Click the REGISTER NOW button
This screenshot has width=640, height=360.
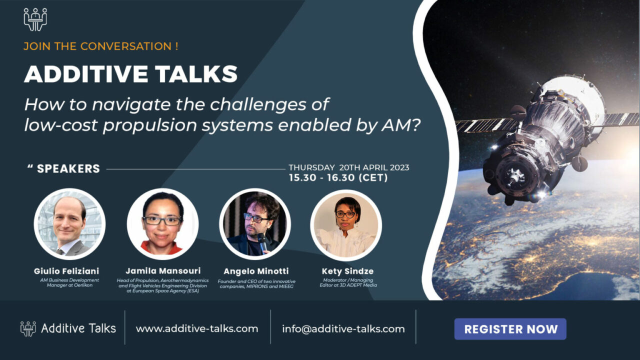click(510, 329)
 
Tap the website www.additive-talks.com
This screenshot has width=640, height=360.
click(197, 328)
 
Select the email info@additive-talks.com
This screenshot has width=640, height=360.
click(343, 329)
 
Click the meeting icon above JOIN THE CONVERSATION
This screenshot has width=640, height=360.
click(35, 19)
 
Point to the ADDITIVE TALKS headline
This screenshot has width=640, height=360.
click(131, 74)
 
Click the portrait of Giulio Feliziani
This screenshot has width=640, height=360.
click(69, 224)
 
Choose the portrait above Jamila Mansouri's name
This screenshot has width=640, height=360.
click(162, 224)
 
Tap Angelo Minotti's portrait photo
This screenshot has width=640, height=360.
click(255, 224)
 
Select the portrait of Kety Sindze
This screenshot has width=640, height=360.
click(346, 225)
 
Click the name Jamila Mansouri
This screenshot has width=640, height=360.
click(163, 271)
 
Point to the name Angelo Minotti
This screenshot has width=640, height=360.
click(256, 271)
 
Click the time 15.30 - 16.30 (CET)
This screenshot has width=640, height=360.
click(338, 177)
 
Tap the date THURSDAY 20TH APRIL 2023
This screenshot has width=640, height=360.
click(349, 167)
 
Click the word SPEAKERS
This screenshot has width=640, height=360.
click(68, 168)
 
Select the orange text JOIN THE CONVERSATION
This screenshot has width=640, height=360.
click(101, 46)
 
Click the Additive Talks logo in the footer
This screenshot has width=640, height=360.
click(68, 328)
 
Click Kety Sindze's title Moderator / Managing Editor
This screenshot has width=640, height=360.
click(348, 282)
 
